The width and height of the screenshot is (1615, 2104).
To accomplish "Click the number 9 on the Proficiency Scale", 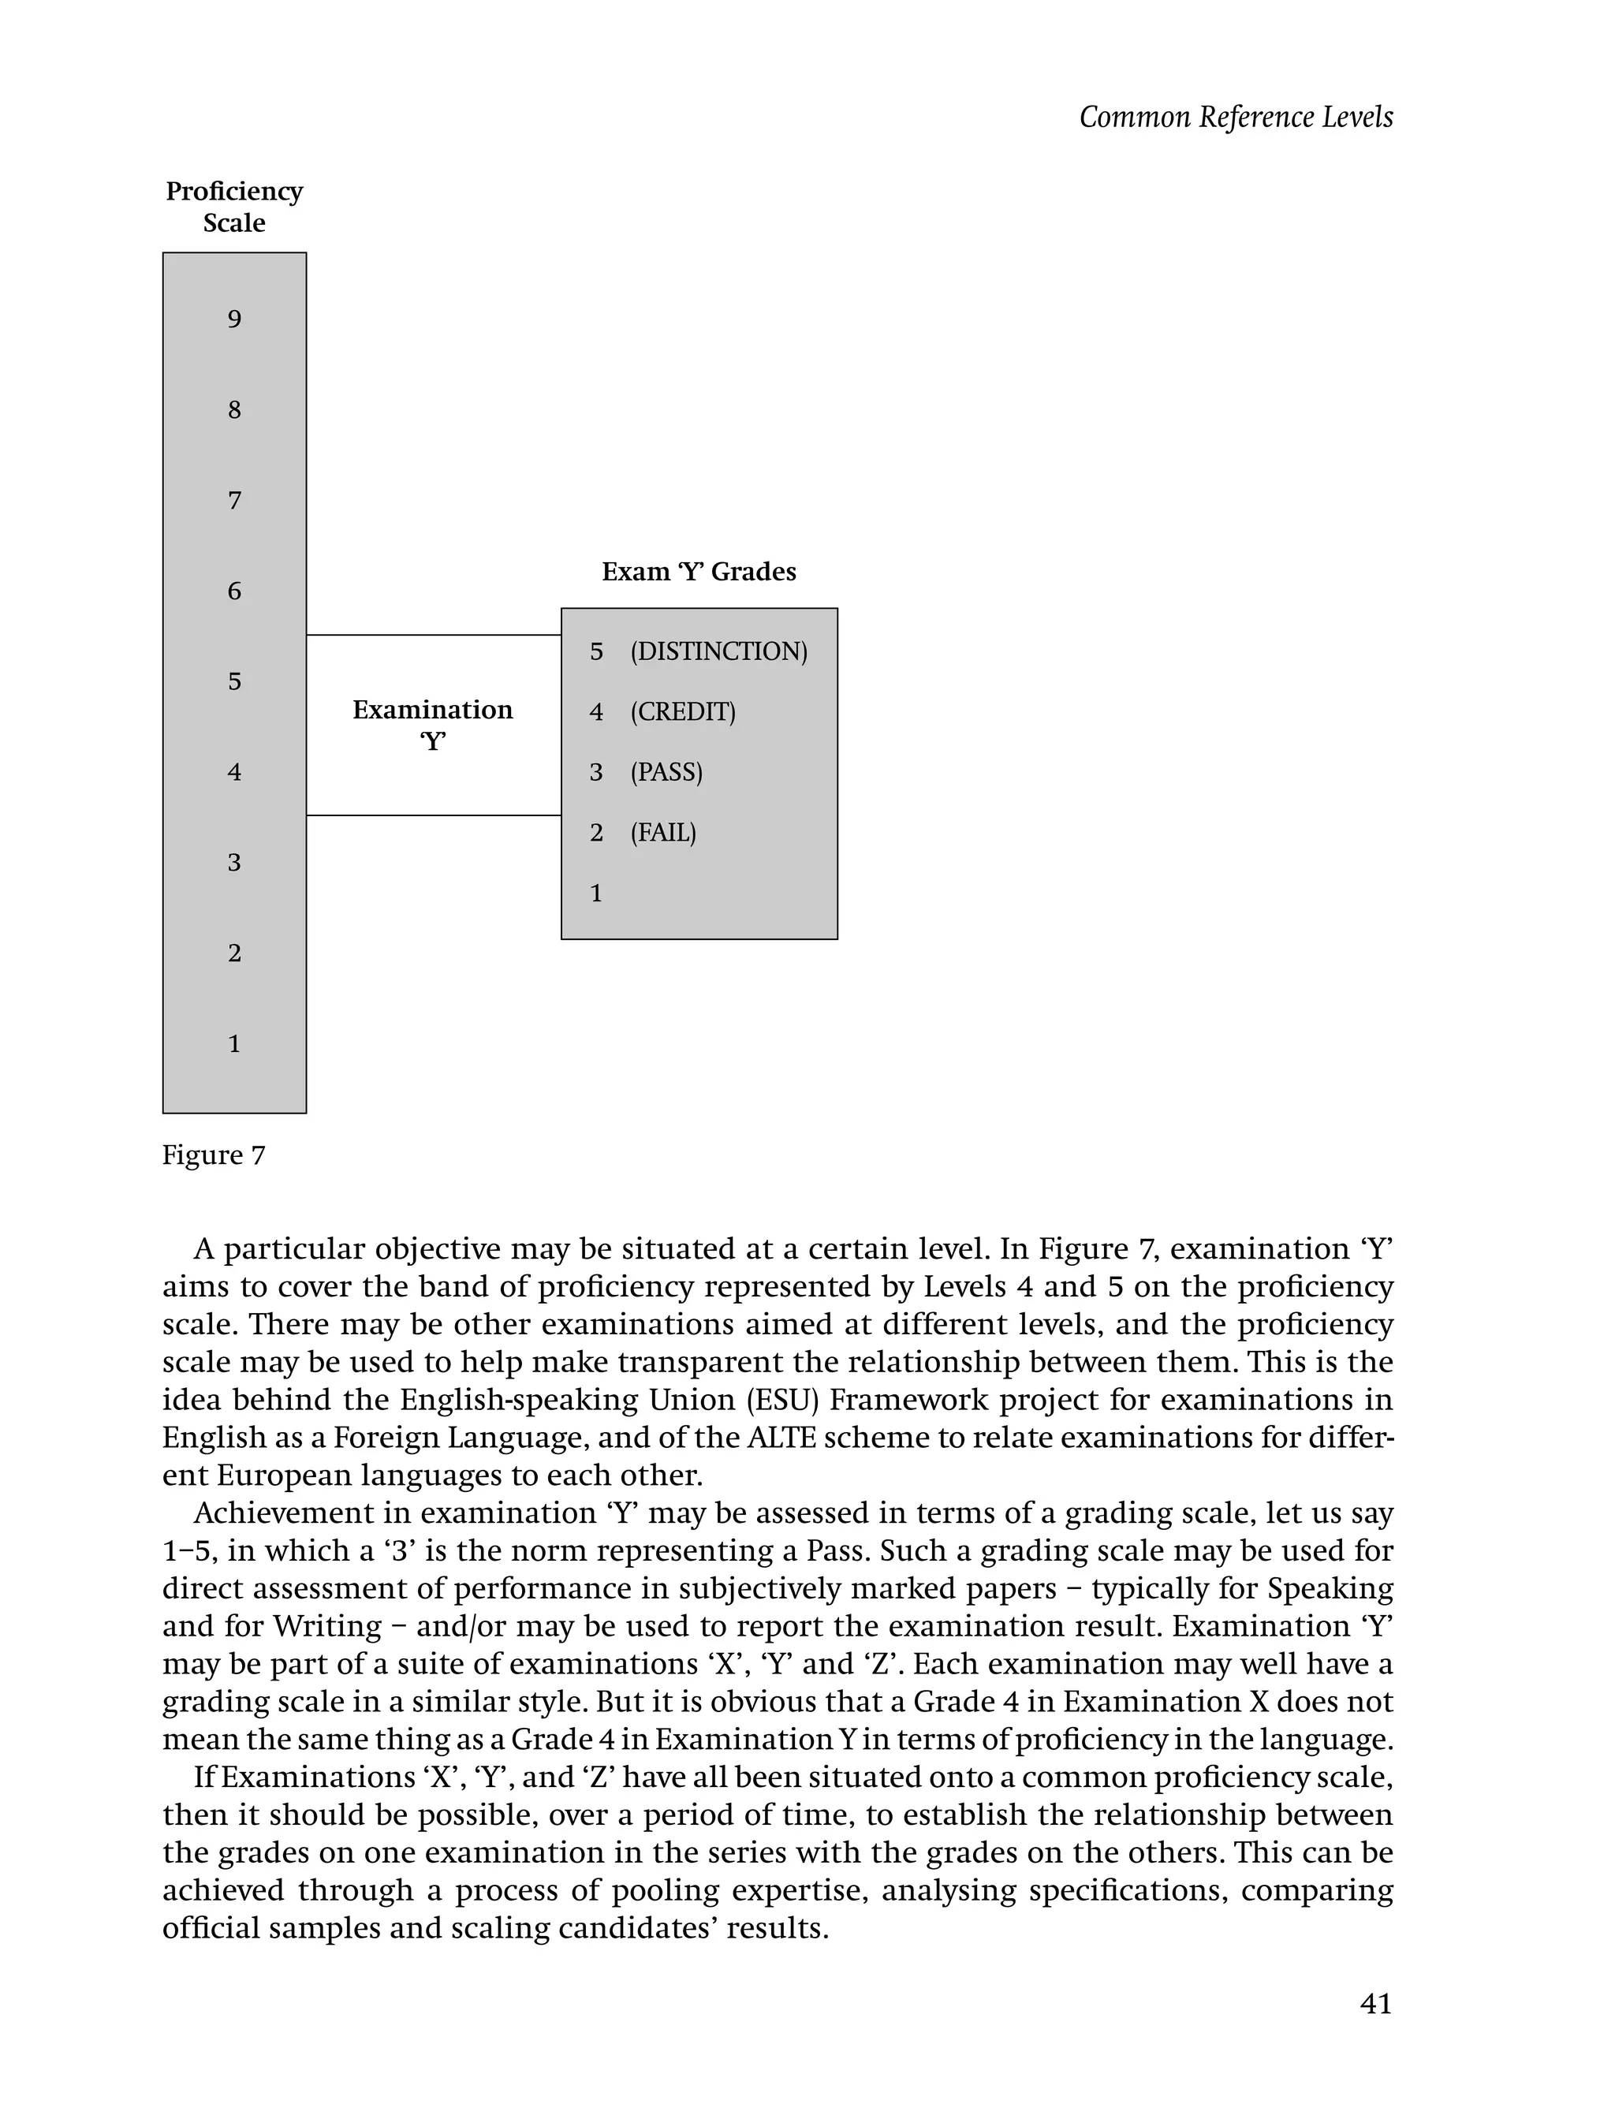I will pos(234,319).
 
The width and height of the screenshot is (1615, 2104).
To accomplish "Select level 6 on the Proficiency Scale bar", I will pos(234,591).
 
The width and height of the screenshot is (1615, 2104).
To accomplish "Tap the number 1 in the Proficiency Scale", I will pos(234,1044).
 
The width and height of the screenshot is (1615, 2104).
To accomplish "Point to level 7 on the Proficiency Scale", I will pos(234,501).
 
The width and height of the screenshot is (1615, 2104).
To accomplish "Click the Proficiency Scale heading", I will pos(234,207).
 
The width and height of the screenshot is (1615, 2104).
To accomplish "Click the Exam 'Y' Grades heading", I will pos(699,572).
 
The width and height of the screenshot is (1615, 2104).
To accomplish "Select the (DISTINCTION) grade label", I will pos(719,651).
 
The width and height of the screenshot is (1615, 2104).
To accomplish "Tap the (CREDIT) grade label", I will pos(683,712).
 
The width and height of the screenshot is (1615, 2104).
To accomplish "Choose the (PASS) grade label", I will pos(666,772).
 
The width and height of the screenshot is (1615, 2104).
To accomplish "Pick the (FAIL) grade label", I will pos(663,832).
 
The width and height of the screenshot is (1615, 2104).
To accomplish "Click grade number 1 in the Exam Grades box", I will pos(596,894).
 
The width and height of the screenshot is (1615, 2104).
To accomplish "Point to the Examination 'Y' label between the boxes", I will pos(433,725).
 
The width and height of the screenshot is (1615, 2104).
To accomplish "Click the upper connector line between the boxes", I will pos(433,636).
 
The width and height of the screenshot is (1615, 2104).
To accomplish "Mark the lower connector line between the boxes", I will pos(433,816).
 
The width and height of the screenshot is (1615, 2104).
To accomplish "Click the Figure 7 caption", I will pos(214,1155).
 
